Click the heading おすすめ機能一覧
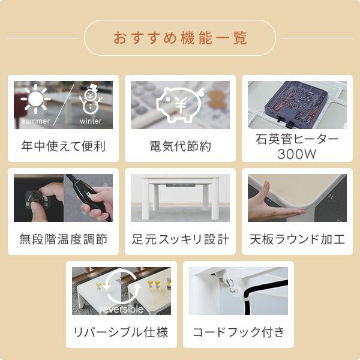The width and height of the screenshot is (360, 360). (180, 38)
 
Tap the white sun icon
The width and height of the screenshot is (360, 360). (35, 100)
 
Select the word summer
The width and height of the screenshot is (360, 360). (35, 121)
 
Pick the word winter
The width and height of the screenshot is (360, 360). (91, 121)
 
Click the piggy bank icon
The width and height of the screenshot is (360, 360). (180, 103)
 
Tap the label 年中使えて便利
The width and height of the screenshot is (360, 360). (63, 146)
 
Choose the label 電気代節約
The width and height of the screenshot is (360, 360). (180, 146)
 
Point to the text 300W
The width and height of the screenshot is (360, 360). (297, 154)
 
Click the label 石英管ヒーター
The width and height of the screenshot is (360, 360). (297, 140)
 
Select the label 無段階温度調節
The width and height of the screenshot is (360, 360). (63, 239)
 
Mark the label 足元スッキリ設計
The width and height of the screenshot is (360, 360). (180, 239)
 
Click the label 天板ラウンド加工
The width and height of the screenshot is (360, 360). (297, 239)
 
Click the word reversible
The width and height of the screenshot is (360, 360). (121, 310)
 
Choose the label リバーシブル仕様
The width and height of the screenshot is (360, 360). (121, 332)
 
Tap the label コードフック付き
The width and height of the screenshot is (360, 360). (238, 332)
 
